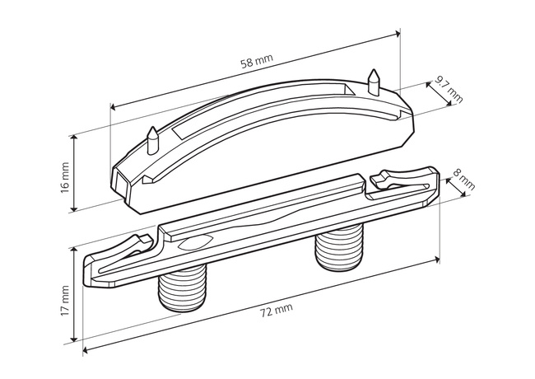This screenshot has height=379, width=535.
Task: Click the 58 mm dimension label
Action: tap(257, 62)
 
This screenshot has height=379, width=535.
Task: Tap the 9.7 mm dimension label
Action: tap(449, 90)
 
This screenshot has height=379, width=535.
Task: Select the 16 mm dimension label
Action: tap(65, 177)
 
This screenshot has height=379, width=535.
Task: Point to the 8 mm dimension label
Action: tap(464, 180)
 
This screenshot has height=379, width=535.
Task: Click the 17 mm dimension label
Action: tap(65, 301)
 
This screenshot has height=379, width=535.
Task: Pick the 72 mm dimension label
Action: tap(277, 311)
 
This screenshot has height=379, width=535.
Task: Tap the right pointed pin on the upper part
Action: tap(374, 82)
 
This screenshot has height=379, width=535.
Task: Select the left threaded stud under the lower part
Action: tap(182, 288)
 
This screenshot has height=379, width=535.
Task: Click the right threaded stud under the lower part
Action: tap(338, 250)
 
